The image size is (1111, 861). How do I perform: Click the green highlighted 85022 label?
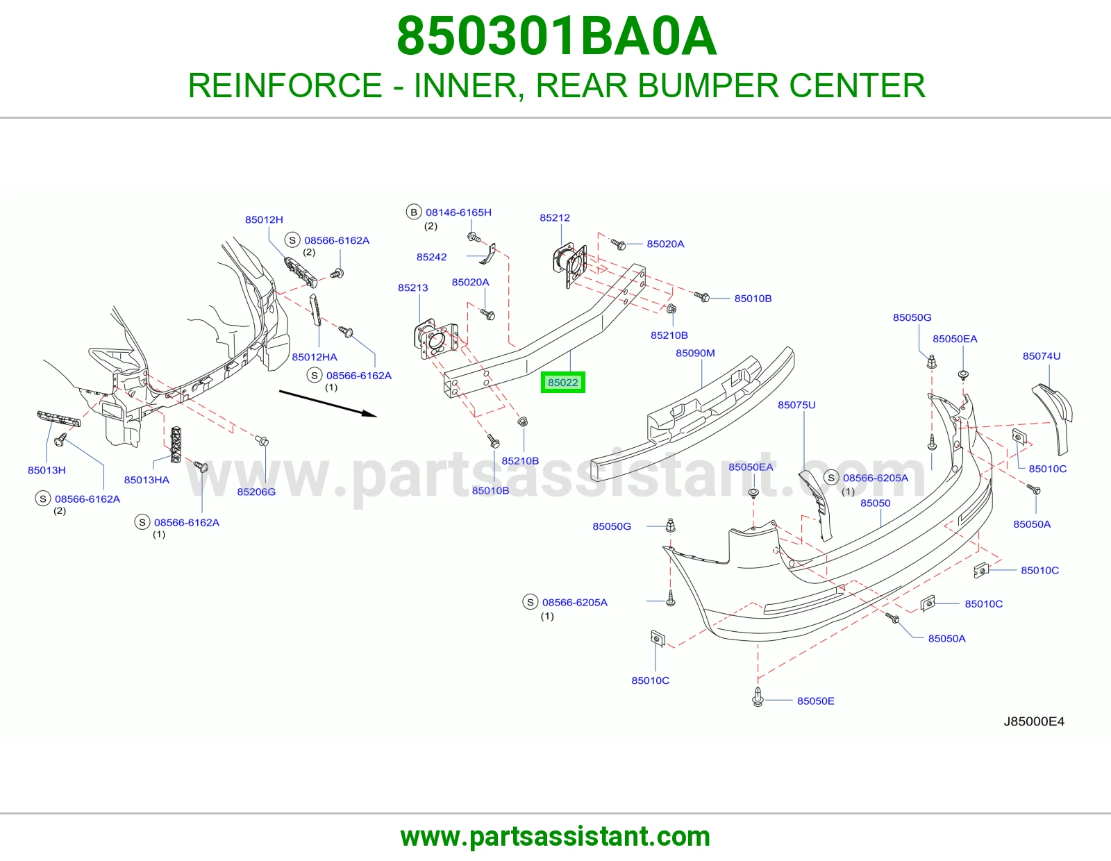click(562, 383)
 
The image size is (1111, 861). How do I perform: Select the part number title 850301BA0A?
click(556, 36)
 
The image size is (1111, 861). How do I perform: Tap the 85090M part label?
click(695, 353)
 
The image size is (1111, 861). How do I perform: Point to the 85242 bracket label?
click(431, 257)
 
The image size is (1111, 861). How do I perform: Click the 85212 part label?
click(555, 218)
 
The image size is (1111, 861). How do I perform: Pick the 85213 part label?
click(412, 288)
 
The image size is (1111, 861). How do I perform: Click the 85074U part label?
click(1042, 356)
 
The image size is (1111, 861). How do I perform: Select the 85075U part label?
click(796, 405)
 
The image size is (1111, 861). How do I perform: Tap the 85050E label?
click(815, 701)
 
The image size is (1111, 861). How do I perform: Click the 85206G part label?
click(256, 492)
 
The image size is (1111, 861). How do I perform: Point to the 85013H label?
click(47, 470)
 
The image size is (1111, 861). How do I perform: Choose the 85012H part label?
click(264, 220)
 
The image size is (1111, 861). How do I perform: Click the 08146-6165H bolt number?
click(458, 212)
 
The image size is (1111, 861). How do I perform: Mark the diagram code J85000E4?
click(1034, 721)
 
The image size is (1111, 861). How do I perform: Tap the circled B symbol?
click(414, 212)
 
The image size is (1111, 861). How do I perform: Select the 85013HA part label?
click(147, 480)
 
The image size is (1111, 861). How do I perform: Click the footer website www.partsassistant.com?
click(555, 837)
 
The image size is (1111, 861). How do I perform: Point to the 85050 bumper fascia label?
click(876, 503)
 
